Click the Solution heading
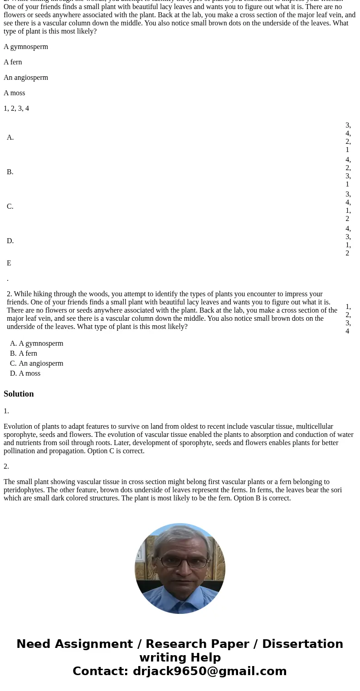click(x=19, y=394)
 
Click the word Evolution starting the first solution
click(x=17, y=426)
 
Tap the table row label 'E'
click(x=9, y=263)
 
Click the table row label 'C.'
click(x=10, y=206)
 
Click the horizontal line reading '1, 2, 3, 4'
click(x=16, y=108)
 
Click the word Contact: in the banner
click(x=101, y=671)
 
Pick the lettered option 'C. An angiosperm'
click(x=37, y=363)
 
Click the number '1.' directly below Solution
click(x=6, y=411)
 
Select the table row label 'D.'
click(x=10, y=241)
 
